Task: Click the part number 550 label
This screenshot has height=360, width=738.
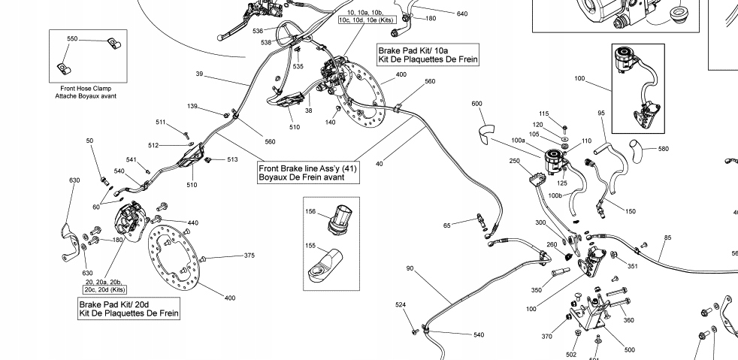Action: (72, 38)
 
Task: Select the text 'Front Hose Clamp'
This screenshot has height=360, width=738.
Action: (81, 89)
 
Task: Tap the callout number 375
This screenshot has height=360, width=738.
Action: (250, 256)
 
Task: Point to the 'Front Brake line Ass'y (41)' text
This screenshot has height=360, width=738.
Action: (308, 168)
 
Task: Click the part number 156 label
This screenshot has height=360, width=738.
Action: (310, 212)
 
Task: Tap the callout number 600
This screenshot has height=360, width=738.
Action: (476, 103)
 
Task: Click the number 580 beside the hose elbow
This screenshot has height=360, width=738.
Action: (663, 149)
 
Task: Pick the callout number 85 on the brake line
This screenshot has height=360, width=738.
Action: (667, 239)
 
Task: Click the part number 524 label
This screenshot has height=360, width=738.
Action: (401, 304)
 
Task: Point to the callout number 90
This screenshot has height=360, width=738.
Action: (410, 268)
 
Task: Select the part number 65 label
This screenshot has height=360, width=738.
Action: (446, 225)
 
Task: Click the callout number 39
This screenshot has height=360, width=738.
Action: (200, 74)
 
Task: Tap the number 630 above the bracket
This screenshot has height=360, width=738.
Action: (74, 180)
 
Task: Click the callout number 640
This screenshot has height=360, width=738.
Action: (461, 14)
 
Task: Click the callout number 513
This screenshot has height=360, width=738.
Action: (232, 159)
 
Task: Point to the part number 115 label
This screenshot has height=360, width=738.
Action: (544, 113)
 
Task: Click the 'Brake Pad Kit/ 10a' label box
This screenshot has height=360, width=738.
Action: (428, 53)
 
